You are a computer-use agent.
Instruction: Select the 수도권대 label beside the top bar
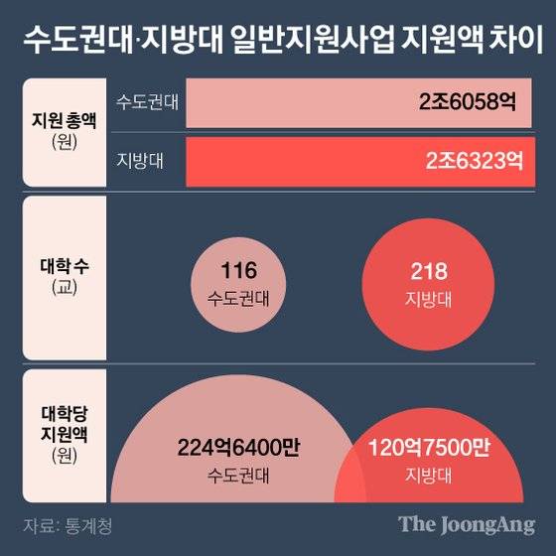tap(147, 102)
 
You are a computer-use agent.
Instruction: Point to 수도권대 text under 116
tap(239, 296)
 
